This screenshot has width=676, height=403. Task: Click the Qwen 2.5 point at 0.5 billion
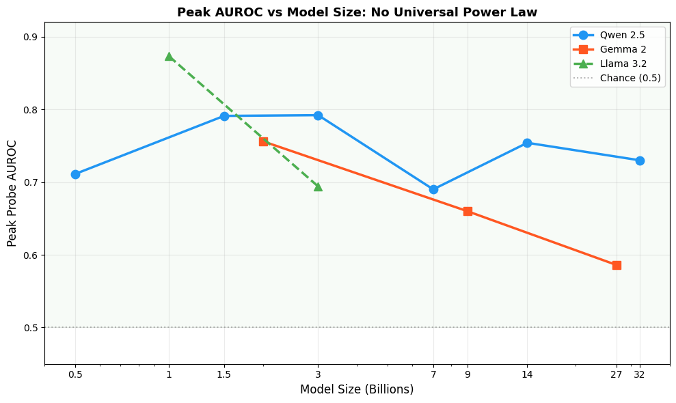[x=75, y=174]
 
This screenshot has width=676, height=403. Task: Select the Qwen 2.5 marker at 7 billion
[x=433, y=189]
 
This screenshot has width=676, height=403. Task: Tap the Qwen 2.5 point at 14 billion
[x=527, y=143]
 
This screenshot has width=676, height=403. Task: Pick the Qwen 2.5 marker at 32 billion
[x=640, y=161]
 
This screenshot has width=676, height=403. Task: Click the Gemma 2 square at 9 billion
[x=468, y=211]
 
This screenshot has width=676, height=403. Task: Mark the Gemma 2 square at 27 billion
[x=617, y=265]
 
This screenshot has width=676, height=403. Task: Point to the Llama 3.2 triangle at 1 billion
[x=169, y=56]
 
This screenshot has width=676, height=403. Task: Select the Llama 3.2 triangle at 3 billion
[x=318, y=186]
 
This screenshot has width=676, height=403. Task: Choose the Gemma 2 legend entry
[x=623, y=49]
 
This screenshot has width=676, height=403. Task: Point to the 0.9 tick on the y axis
[x=30, y=37]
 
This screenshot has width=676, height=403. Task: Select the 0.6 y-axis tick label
[x=30, y=255]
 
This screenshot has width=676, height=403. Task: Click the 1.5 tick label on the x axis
[x=224, y=374]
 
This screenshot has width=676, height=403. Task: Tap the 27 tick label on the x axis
[x=617, y=374]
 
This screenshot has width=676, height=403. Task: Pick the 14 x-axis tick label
[x=527, y=374]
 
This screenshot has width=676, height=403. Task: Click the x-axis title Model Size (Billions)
[x=357, y=389]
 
